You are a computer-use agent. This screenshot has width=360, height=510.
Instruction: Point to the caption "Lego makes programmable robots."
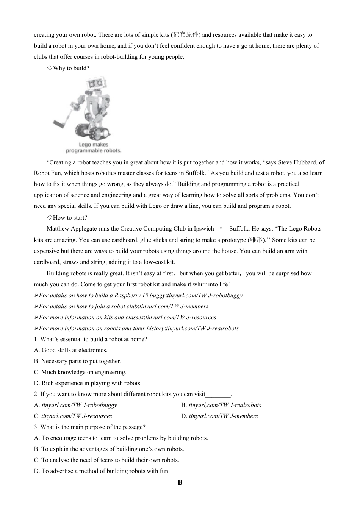click(94, 147)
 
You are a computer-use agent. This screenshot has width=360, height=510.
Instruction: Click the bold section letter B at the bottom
click(180, 482)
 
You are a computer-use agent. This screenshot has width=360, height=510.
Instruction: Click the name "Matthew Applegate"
click(70, 229)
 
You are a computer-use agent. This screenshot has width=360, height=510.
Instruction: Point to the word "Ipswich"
click(204, 229)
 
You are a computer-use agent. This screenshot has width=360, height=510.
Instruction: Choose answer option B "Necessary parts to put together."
click(78, 361)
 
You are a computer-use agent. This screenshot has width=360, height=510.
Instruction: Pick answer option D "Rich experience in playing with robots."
click(88, 383)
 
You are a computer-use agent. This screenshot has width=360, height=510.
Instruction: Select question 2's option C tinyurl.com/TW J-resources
click(77, 416)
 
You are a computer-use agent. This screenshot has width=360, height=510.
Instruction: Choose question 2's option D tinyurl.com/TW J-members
click(223, 416)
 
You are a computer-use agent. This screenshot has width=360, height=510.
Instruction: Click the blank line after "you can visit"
click(218, 395)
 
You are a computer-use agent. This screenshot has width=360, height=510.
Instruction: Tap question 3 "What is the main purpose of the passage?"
click(90, 427)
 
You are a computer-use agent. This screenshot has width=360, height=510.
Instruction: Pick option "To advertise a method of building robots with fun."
click(102, 471)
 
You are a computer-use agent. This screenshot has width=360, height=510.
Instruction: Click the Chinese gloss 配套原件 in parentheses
click(186, 35)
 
